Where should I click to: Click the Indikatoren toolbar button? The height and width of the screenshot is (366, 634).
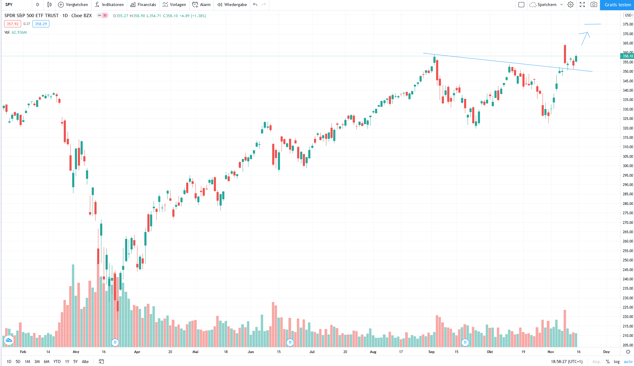[109, 5]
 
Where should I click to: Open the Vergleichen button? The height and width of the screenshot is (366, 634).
[73, 5]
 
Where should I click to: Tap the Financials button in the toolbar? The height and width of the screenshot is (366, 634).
[143, 5]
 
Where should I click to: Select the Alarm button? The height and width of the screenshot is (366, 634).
[202, 5]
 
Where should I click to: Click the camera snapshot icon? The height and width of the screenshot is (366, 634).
[594, 5]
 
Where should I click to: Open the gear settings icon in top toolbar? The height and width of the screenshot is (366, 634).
[571, 5]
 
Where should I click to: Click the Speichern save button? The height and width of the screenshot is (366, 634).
[544, 5]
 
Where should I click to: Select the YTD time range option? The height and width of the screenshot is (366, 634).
[57, 361]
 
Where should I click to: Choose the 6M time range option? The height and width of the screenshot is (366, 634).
[47, 361]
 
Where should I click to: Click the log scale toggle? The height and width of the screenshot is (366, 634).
[617, 361]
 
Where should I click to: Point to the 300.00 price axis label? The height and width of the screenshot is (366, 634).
[628, 166]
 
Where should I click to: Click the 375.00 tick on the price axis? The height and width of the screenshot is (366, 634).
[628, 24]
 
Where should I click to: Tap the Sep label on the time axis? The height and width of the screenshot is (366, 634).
[431, 352]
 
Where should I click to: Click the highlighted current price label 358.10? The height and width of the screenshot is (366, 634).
[627, 56]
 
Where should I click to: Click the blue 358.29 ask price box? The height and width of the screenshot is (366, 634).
[41, 24]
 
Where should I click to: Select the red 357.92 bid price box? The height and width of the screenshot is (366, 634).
[13, 24]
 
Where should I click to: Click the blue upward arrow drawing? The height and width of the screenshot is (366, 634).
[585, 38]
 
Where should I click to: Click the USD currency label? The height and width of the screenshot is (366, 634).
[628, 15]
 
